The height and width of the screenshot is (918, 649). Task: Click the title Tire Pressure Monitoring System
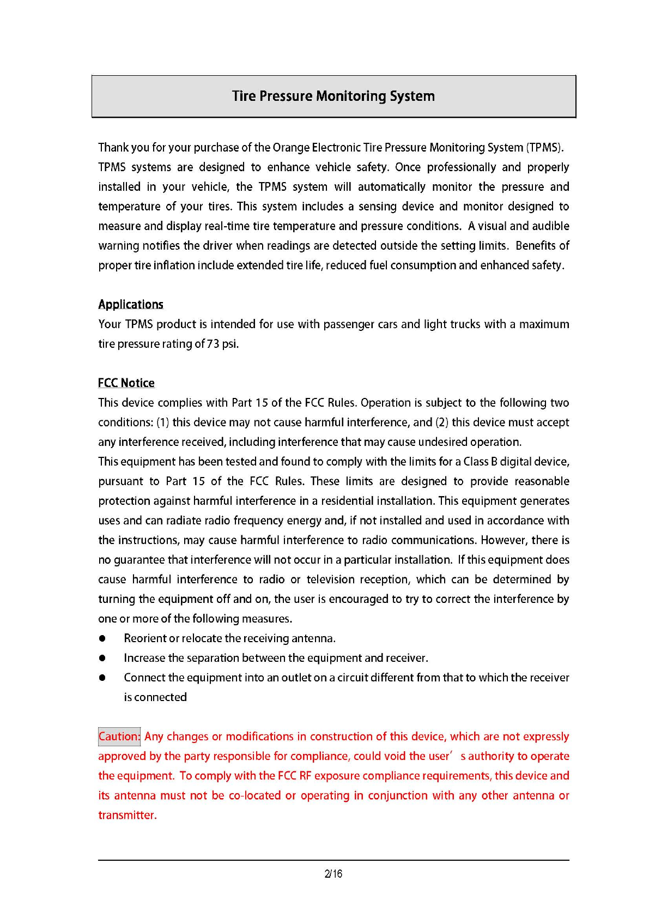(333, 96)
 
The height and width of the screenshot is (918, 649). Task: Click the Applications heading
(131, 304)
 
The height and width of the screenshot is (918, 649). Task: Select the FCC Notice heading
(126, 383)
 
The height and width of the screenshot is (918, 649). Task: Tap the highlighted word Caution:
(119, 736)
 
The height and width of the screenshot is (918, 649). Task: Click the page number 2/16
(333, 874)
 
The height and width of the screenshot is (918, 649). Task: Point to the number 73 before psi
(213, 344)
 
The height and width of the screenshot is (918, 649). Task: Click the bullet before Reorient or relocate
(102, 638)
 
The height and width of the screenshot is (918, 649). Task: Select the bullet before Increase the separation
(102, 658)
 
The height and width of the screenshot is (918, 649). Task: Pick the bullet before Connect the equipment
(102, 678)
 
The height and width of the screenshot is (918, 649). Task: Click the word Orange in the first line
(291, 148)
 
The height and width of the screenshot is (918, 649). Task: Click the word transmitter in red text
(127, 815)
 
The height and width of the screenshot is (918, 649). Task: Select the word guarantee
(138, 560)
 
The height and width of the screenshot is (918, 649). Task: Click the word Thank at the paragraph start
(113, 148)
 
